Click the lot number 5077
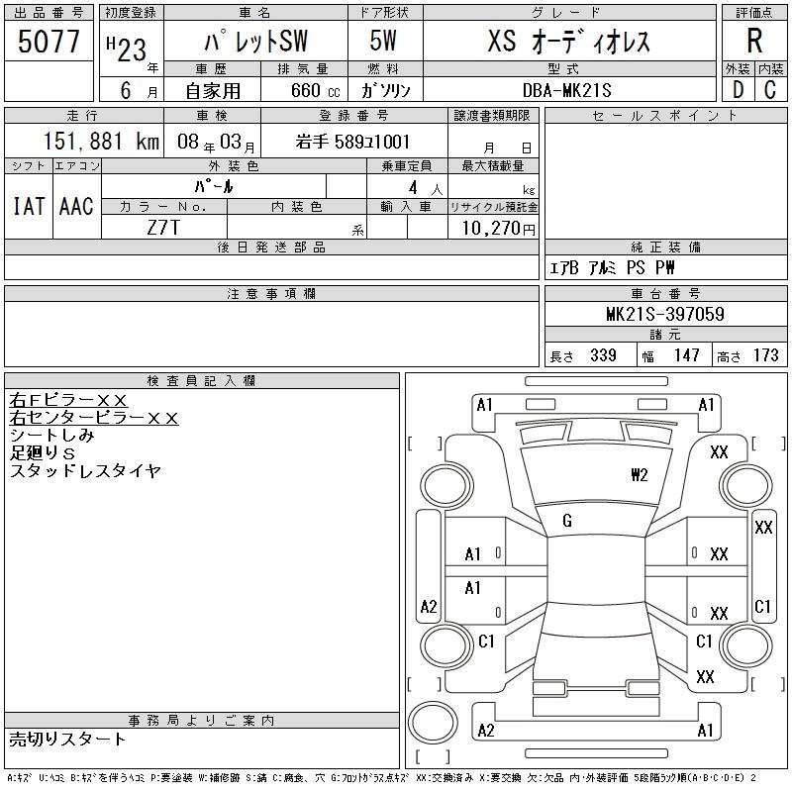point(49,42)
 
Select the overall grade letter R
point(754,41)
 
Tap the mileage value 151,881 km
point(101,142)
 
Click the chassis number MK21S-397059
point(665,314)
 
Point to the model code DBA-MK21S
point(566,90)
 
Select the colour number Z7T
point(163,228)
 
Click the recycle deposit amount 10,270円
point(499,229)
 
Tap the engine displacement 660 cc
point(315,90)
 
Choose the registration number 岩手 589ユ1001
point(352,142)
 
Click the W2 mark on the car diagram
point(639,475)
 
